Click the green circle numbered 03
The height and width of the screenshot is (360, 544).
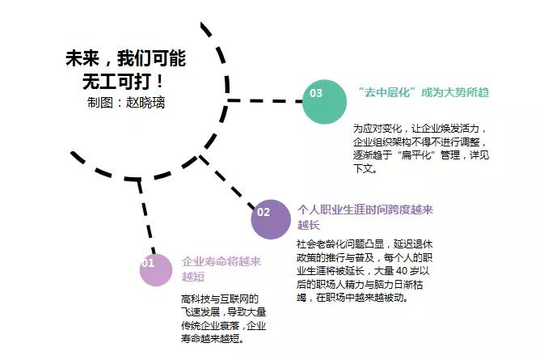324,102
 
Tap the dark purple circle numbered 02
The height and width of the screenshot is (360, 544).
271,219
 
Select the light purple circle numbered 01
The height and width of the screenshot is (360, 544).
156,269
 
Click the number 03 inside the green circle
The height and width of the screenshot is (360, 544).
316,93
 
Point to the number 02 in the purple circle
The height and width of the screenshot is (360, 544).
264,212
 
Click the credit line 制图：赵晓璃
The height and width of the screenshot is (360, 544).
126,103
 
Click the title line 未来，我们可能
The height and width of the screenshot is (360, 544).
125,58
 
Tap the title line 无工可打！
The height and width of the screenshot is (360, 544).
123,82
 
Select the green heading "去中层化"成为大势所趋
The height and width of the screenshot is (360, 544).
424,92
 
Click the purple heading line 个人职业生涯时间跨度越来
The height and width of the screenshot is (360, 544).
365,210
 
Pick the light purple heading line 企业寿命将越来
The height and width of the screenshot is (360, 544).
221,261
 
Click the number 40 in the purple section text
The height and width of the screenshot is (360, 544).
402,271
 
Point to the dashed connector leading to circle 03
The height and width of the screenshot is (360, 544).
264,101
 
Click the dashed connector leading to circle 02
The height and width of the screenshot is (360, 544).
226,182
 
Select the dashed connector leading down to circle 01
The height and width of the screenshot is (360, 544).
146,216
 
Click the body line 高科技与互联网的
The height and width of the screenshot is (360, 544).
220,299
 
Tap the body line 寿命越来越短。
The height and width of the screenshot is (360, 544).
213,338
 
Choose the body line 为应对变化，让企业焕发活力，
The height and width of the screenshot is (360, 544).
420,129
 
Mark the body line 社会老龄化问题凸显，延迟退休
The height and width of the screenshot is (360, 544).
365,244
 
